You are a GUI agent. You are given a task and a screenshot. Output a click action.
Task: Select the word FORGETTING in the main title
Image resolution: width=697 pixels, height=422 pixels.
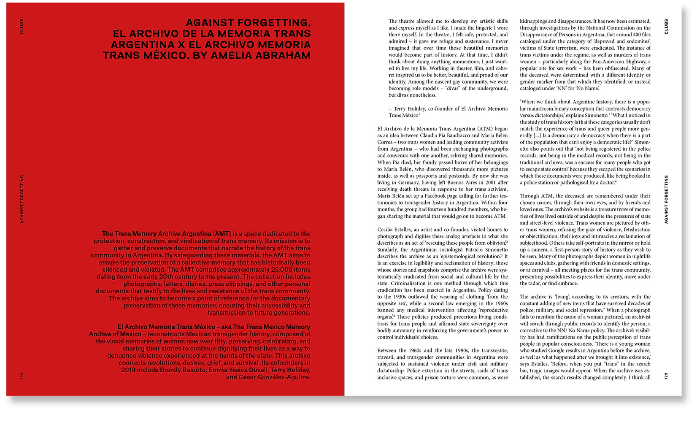[274, 23]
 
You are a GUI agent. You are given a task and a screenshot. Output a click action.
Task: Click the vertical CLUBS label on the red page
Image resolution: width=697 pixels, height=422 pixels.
[22, 26]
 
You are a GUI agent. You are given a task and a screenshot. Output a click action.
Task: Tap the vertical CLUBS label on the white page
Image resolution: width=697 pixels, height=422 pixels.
[666, 26]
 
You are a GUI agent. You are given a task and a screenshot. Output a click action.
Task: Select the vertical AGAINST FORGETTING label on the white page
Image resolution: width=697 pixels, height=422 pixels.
[666, 199]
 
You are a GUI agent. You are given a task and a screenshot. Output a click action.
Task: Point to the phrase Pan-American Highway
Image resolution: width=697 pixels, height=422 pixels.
[613, 62]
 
